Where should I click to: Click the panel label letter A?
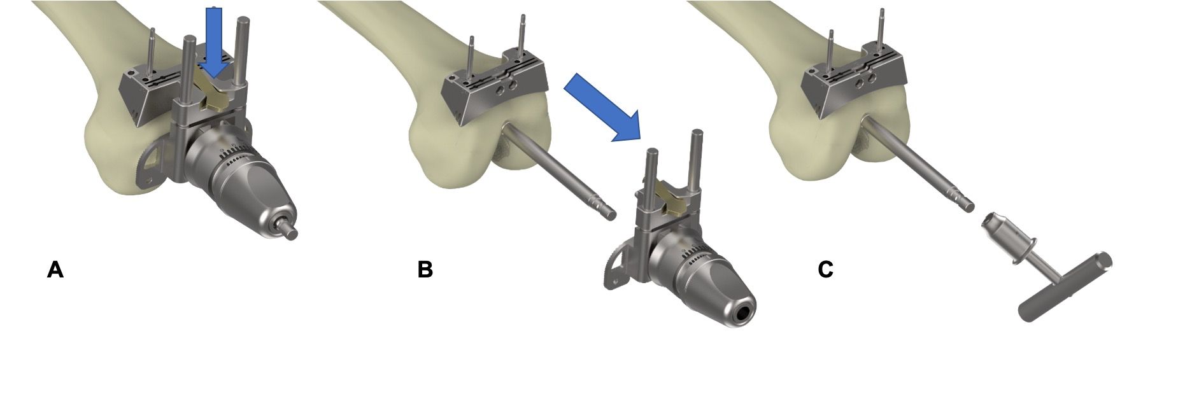(x=55, y=270)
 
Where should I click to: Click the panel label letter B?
(x=425, y=270)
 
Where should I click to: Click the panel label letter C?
(x=825, y=270)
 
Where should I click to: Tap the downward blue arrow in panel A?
(x=215, y=42)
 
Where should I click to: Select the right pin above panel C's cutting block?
(x=883, y=25)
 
